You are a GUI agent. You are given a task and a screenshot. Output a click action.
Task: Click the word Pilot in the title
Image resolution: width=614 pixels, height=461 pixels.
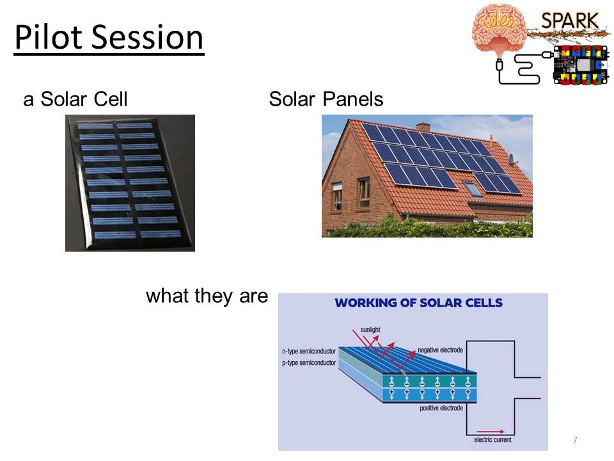(49, 37)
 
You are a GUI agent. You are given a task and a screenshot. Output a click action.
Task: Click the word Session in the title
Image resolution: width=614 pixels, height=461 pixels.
(148, 37)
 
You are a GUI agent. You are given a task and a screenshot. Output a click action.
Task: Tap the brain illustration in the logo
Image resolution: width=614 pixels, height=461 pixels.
(498, 32)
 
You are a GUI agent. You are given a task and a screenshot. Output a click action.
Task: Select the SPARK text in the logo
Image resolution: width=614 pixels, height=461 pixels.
(570, 20)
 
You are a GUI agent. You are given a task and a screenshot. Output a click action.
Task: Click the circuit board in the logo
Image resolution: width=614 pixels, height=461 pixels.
(581, 65)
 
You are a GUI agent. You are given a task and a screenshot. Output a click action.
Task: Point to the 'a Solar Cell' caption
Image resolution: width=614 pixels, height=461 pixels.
(75, 99)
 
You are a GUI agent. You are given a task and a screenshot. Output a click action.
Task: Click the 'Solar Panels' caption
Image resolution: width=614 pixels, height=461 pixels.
(326, 99)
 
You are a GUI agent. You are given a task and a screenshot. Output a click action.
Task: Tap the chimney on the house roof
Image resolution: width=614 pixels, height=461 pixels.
(423, 127)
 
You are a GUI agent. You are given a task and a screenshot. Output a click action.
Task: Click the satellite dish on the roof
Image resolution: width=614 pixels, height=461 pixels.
(512, 158)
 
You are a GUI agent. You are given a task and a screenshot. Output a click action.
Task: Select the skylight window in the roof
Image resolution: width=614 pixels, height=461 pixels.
(472, 189)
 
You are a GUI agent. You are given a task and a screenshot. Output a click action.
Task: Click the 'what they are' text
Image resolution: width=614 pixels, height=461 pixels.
(207, 296)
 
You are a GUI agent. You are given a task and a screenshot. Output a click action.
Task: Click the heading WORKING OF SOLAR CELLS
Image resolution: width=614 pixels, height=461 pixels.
(418, 303)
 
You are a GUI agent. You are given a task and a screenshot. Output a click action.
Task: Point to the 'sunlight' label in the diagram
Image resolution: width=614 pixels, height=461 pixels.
(370, 329)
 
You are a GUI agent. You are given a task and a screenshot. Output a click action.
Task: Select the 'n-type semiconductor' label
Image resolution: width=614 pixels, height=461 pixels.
(309, 352)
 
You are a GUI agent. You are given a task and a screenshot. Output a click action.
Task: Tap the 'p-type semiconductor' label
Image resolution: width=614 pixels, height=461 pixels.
(309, 363)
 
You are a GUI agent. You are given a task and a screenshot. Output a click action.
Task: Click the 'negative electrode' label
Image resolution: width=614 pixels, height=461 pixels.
(440, 350)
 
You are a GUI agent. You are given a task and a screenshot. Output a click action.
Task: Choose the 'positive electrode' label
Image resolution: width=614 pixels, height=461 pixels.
(441, 408)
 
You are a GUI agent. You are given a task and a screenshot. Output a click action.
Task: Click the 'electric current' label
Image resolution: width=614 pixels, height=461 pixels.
(492, 440)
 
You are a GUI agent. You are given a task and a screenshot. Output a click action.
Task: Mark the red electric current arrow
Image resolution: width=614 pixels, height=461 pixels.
(491, 432)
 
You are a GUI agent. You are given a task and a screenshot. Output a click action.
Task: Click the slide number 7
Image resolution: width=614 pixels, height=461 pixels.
(575, 440)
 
